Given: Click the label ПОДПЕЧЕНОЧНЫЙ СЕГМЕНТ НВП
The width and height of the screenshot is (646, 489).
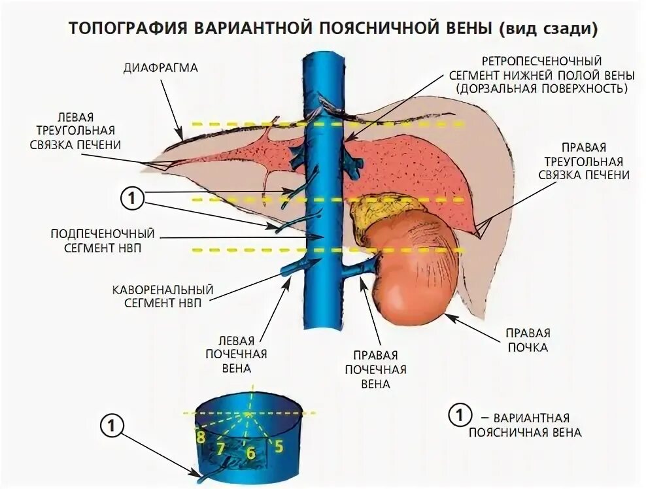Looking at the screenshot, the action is [103, 240].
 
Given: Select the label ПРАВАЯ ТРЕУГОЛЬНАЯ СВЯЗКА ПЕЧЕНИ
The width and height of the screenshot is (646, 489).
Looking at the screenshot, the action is [583, 161].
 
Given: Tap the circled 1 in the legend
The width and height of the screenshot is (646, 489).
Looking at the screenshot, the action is [460, 415].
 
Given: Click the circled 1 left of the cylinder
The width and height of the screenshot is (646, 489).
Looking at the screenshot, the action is [112, 426].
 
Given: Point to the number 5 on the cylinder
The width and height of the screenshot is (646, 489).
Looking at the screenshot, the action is [278, 447].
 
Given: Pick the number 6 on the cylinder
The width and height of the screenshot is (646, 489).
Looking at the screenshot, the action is [250, 452].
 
